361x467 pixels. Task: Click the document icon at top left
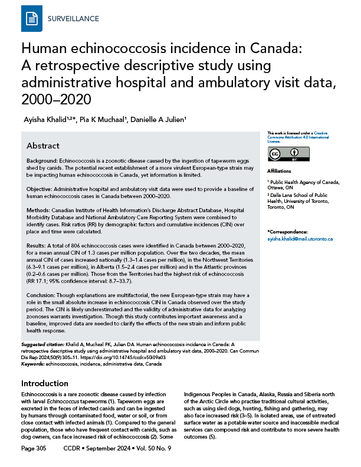coord(28,19)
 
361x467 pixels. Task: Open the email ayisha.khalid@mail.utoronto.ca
coord(300,238)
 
